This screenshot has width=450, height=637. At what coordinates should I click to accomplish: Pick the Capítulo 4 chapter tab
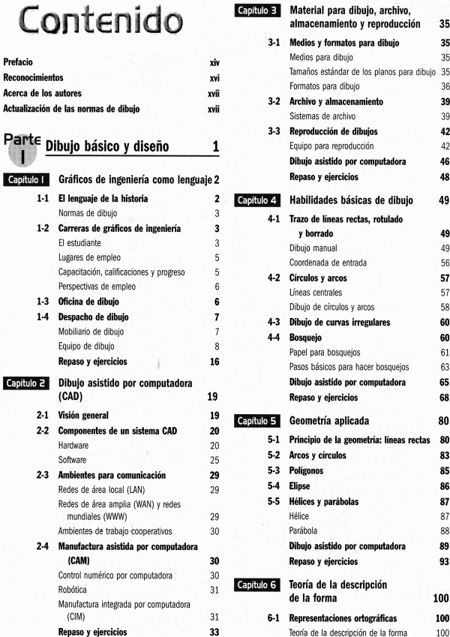(258, 200)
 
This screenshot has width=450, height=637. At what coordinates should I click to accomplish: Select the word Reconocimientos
(33, 78)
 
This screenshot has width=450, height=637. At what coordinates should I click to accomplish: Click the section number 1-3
(43, 302)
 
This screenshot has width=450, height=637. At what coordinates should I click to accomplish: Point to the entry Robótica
(73, 590)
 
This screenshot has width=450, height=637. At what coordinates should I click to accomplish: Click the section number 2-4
(43, 547)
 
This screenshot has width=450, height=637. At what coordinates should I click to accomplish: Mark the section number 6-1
(274, 618)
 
